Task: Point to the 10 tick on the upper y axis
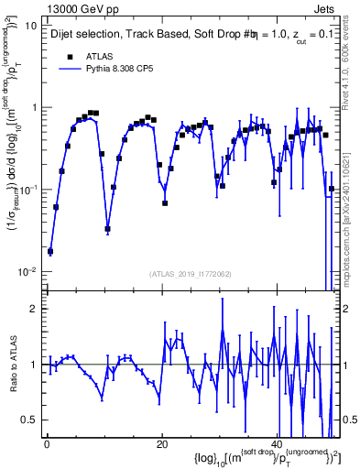point(29,26)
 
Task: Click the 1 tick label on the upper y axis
point(33,108)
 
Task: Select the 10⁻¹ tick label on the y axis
point(27,190)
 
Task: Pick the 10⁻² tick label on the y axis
point(27,272)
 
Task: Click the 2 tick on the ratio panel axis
point(33,309)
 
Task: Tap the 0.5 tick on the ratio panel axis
point(29,420)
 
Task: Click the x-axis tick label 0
point(46,444)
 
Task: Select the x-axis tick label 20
point(161,444)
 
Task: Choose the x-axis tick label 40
point(277,444)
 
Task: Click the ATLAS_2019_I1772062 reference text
point(191,274)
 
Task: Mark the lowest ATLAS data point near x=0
point(50,251)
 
